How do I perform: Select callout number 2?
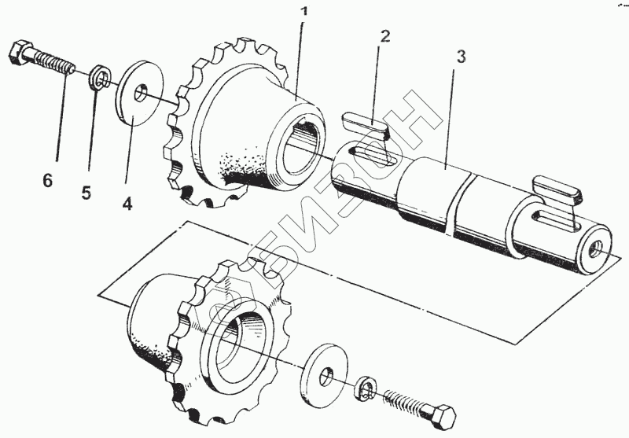[x=384, y=35]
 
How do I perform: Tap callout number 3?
[x=461, y=57]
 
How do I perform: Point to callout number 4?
[x=127, y=202]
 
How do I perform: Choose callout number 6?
[x=48, y=181]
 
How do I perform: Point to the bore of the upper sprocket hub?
[x=303, y=146]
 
